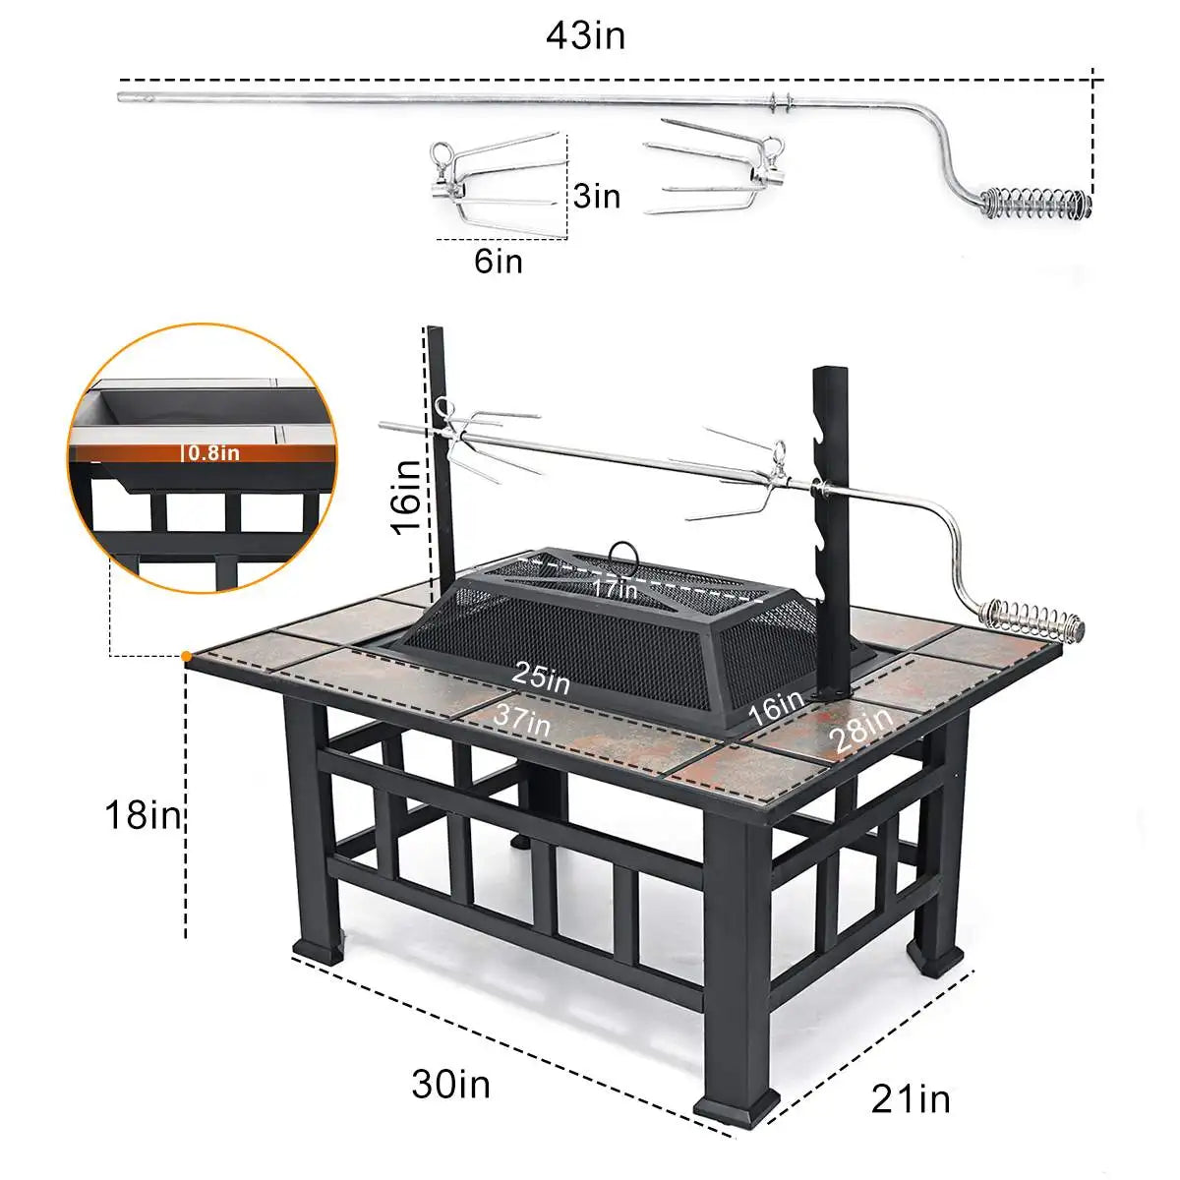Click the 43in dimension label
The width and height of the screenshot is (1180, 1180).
(x=585, y=36)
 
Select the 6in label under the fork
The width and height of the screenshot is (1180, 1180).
(x=499, y=262)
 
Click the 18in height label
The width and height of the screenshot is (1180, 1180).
(x=145, y=814)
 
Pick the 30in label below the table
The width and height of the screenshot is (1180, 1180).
(x=450, y=1084)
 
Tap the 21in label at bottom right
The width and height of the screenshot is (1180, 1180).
(x=911, y=1098)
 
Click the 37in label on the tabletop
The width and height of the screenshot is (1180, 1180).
(x=522, y=717)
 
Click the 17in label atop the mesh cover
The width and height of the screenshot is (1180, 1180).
(x=615, y=590)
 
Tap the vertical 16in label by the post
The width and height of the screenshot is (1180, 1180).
(x=407, y=497)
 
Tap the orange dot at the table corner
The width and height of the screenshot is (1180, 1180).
(x=186, y=655)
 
